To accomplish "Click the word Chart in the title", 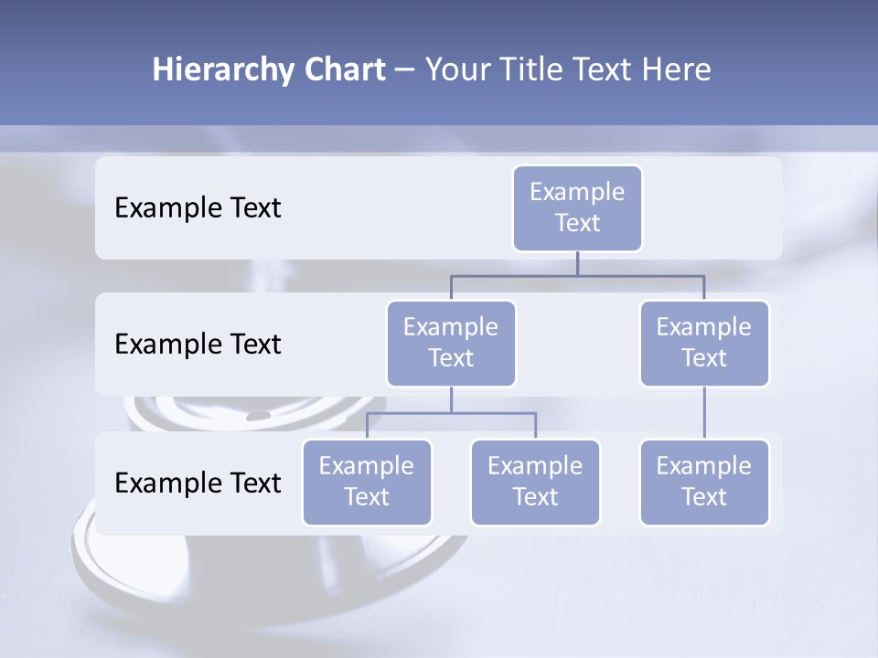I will tap(344, 69).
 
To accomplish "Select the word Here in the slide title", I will tap(677, 69).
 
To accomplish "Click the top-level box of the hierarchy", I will tap(577, 207).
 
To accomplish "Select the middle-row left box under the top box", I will tap(451, 343).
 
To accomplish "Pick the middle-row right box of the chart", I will tap(704, 343).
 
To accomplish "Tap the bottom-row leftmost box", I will tap(367, 482).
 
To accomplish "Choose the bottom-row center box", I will tap(535, 482).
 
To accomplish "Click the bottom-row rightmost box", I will tap(704, 482).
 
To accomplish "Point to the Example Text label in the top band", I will tap(198, 207).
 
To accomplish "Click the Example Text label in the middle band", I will tap(198, 344).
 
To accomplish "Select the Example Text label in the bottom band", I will tap(198, 483).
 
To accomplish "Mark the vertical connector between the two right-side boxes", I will tap(704, 413).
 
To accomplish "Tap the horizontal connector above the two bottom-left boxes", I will tap(494, 413).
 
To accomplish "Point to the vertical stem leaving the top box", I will tap(577, 263).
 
